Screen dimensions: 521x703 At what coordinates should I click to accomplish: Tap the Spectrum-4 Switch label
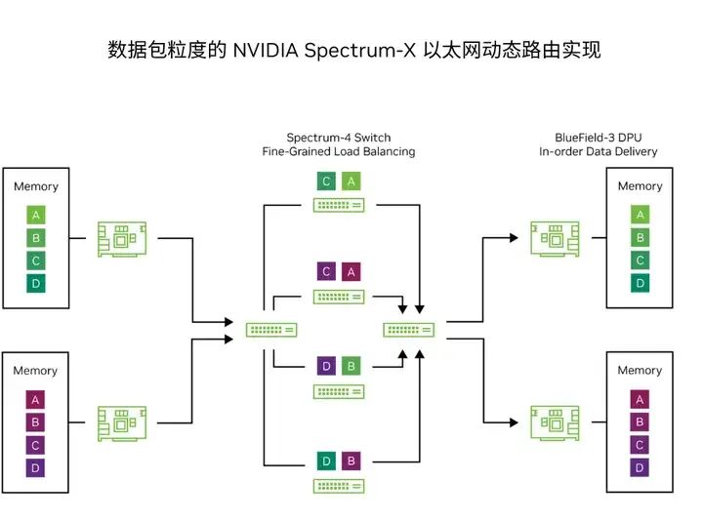pos(338,138)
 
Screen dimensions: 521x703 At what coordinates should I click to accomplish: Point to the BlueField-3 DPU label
pos(598,138)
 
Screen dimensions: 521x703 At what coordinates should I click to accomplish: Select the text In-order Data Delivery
pos(598,151)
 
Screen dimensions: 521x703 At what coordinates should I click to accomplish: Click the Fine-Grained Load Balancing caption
pos(338,151)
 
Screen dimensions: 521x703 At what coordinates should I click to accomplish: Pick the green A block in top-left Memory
pos(36,216)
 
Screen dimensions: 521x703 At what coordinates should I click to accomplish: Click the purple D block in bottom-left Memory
pos(36,467)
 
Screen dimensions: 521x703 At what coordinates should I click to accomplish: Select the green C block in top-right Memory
pos(640,260)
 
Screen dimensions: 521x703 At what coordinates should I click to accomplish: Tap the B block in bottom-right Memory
pos(640,421)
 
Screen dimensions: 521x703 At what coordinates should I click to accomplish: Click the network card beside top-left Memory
pos(123,238)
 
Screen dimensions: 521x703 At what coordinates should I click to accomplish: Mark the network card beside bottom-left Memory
pos(123,421)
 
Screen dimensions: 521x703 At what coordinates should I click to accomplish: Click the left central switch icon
pos(270,330)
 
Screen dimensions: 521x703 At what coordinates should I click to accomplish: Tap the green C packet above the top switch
pos(326,180)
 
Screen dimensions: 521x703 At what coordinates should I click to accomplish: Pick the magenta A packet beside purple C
pos(351,272)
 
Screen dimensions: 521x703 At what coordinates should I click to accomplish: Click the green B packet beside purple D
pos(351,366)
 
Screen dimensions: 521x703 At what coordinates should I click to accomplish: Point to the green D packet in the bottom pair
pos(326,460)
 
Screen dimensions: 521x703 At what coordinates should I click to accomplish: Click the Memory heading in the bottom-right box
pos(640,371)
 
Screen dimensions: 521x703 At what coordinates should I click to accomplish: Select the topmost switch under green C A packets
pos(339,204)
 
